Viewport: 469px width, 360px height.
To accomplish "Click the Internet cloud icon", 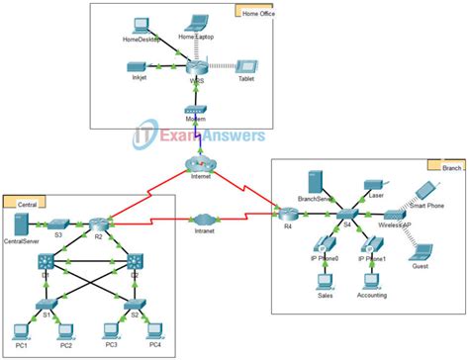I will pos(201,163).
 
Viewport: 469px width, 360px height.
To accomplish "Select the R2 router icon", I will pos(96,225).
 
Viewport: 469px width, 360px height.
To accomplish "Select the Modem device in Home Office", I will pos(196,111).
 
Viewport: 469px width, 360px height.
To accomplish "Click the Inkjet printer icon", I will pos(138,66).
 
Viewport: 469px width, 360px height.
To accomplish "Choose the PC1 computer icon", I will pos(20,330).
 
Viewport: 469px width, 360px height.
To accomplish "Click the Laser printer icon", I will pos(372,183).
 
